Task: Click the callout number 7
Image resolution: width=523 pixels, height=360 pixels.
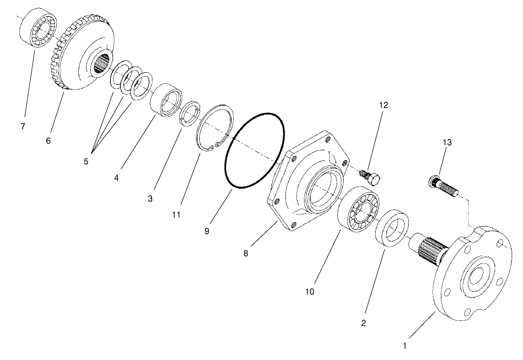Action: click(x=23, y=127)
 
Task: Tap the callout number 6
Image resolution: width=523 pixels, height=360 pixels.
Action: click(x=48, y=141)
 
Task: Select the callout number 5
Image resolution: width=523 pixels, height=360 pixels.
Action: click(x=86, y=161)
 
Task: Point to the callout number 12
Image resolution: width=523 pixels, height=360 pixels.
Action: click(x=383, y=105)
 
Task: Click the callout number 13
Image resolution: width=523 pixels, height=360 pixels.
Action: click(x=447, y=142)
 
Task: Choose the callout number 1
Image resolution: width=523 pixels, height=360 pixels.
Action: click(x=404, y=345)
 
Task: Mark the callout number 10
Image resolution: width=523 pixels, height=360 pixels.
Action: click(x=309, y=291)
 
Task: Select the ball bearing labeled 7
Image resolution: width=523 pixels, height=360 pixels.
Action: click(x=38, y=28)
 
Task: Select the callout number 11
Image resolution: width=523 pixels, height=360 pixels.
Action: click(x=176, y=214)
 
